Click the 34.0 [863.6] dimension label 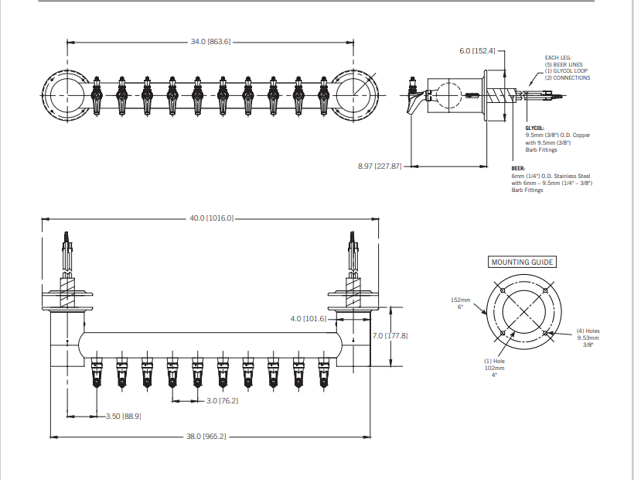tap(210, 41)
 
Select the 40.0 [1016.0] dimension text tap(211, 218)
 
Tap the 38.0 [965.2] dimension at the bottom tap(206, 437)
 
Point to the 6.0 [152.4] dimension tap(476, 51)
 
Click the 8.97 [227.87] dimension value tap(380, 166)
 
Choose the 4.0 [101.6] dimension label tap(308, 318)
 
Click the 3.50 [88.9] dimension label tap(124, 416)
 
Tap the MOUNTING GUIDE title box tap(522, 262)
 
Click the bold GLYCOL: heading tap(534, 128)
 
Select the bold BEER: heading tap(518, 168)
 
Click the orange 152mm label tap(460, 299)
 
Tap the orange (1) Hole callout tap(494, 362)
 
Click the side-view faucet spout tap(418, 103)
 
